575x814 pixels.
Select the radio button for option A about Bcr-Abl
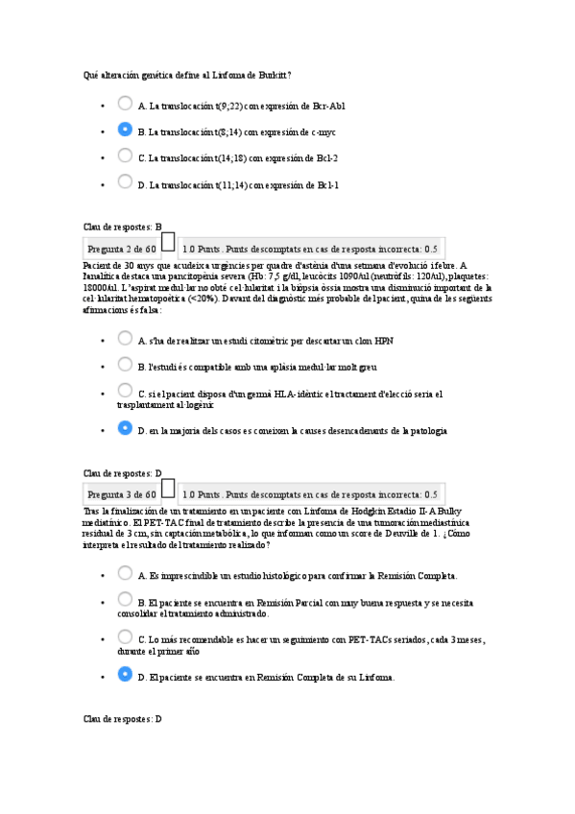tap(125, 103)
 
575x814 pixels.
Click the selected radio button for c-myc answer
tap(125, 129)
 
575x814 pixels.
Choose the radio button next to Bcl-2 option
tap(125, 155)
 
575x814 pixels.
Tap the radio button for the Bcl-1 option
tap(125, 180)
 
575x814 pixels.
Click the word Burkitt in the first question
tap(271, 75)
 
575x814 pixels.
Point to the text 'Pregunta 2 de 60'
tap(122, 248)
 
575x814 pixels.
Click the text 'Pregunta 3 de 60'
tap(122, 494)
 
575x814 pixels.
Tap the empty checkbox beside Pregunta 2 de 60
tap(168, 245)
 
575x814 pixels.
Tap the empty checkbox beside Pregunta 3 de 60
tap(168, 491)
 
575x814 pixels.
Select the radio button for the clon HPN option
tap(125, 338)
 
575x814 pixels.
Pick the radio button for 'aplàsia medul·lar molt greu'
tap(125, 364)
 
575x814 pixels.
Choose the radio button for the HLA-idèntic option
tap(125, 390)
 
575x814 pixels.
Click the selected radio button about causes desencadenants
tap(125, 428)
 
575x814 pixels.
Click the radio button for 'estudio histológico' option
tap(125, 573)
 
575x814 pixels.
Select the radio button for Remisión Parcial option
tap(125, 599)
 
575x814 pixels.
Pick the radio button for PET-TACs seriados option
tap(125, 636)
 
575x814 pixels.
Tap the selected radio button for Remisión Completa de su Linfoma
tap(125, 675)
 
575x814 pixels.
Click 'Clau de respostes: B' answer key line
tap(123, 227)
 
